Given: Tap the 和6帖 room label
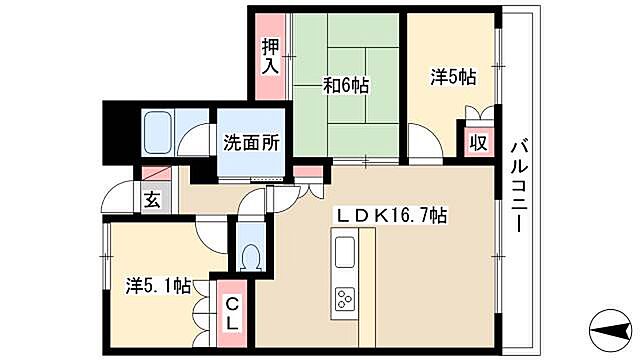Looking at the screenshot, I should tap(346, 85).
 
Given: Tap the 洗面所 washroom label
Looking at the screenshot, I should tap(250, 141).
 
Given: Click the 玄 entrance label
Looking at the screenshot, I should tap(151, 199).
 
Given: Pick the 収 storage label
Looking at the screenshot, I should tap(477, 141).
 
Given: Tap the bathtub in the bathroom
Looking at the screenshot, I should tap(160, 131).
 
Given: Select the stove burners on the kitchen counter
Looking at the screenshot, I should tap(345, 296).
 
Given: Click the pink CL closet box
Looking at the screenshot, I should tap(231, 310).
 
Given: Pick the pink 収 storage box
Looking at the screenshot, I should tap(477, 140).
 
